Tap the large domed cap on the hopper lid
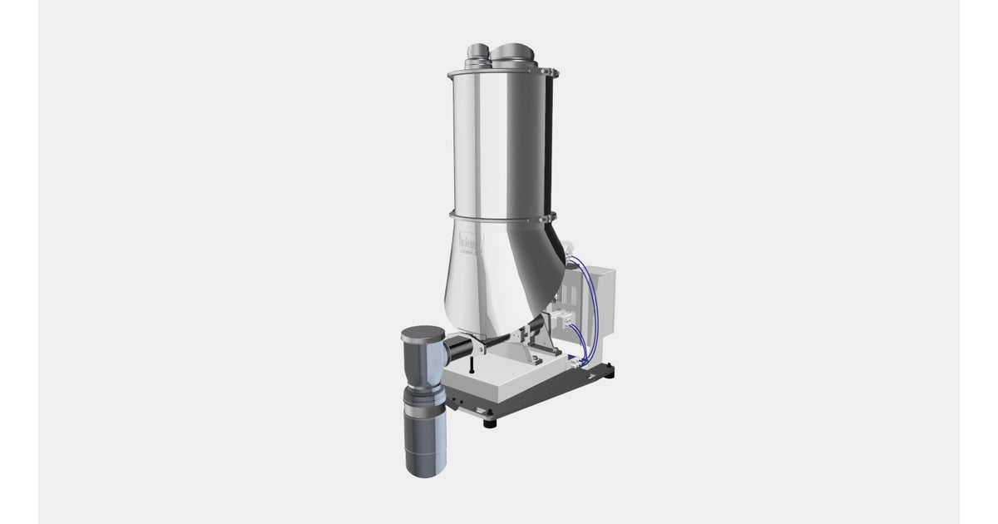point(514,52)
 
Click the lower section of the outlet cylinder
point(427,441)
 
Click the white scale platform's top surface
point(499,378)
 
